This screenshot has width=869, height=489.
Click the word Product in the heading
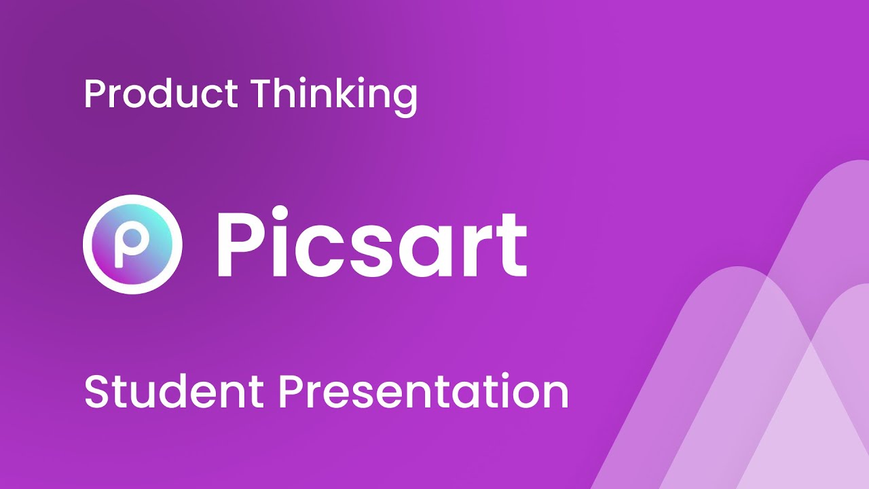160,94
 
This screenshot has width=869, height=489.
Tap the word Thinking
333,95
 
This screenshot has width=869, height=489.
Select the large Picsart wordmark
371,244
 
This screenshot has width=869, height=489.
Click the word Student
174,391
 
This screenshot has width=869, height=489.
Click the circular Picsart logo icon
132,244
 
